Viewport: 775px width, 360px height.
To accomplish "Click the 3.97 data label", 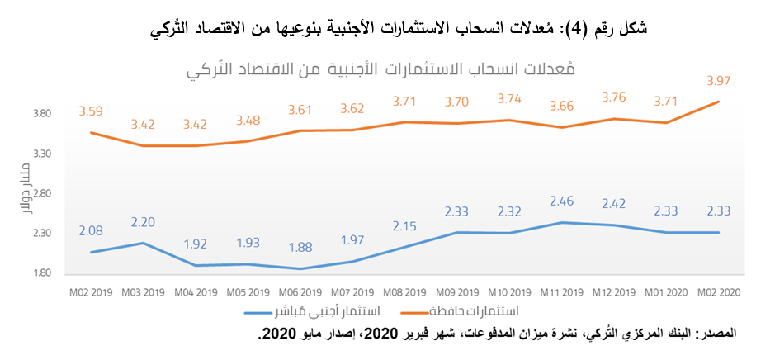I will click(x=719, y=81).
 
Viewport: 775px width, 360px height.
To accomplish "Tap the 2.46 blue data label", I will click(x=562, y=201).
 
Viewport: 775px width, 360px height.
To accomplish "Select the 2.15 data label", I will click(x=404, y=225).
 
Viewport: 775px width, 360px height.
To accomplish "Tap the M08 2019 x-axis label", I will click(x=404, y=292).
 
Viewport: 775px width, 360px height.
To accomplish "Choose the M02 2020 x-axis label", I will click(x=719, y=292).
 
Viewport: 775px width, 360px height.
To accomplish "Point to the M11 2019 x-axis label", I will click(x=562, y=292).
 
